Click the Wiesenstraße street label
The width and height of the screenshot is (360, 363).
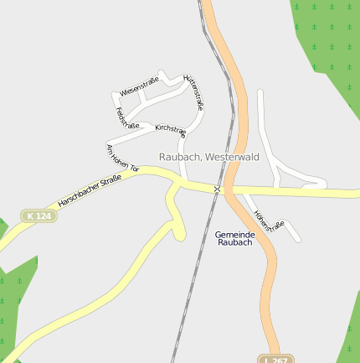point(139,87)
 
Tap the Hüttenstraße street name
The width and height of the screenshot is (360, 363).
point(193,91)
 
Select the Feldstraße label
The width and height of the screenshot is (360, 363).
point(127,117)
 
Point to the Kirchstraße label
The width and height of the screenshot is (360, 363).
point(170,129)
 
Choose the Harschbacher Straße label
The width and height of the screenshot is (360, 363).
point(90,190)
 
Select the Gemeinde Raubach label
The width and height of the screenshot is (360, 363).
point(234,238)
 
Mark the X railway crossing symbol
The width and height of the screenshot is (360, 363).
point(217,189)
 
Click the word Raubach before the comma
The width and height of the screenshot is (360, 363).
point(179,157)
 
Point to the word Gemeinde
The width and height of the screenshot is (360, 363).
point(234,234)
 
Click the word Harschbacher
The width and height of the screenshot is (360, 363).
point(78,196)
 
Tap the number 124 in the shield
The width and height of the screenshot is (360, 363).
point(44,215)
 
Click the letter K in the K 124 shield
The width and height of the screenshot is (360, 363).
point(31,215)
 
